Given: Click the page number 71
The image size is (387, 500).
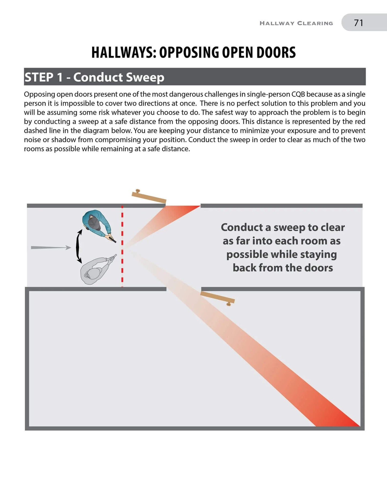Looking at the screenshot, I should click(358, 23).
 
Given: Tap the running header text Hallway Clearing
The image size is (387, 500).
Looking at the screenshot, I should click(296, 23).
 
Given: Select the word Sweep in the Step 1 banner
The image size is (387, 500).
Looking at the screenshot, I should click(145, 77).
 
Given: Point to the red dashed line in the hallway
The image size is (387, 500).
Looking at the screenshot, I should click(122, 246).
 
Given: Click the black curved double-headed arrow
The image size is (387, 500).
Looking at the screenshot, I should click(79, 246).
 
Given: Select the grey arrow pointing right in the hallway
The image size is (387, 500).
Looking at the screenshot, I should click(51, 247).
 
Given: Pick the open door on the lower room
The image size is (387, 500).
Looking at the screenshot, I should click(217, 297).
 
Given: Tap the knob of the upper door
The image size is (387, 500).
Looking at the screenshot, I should click(138, 191).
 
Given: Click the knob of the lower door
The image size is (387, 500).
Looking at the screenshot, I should click(228, 304).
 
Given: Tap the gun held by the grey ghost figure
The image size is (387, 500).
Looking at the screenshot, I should click(112, 258).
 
